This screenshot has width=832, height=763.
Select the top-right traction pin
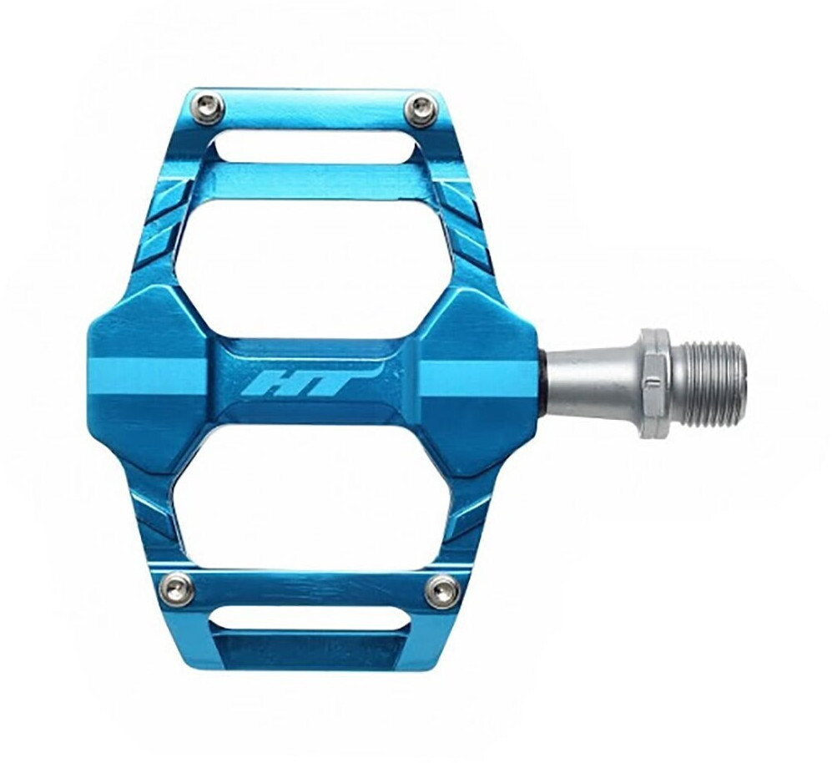(x=420, y=109)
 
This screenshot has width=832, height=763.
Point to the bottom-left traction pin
(x=177, y=589)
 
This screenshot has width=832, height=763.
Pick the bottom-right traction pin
(x=441, y=591)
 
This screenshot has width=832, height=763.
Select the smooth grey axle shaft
(x=592, y=384)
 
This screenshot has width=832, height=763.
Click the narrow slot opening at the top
(x=313, y=146)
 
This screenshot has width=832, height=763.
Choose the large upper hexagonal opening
(x=313, y=267)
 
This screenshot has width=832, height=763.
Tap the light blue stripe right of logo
(x=476, y=378)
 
